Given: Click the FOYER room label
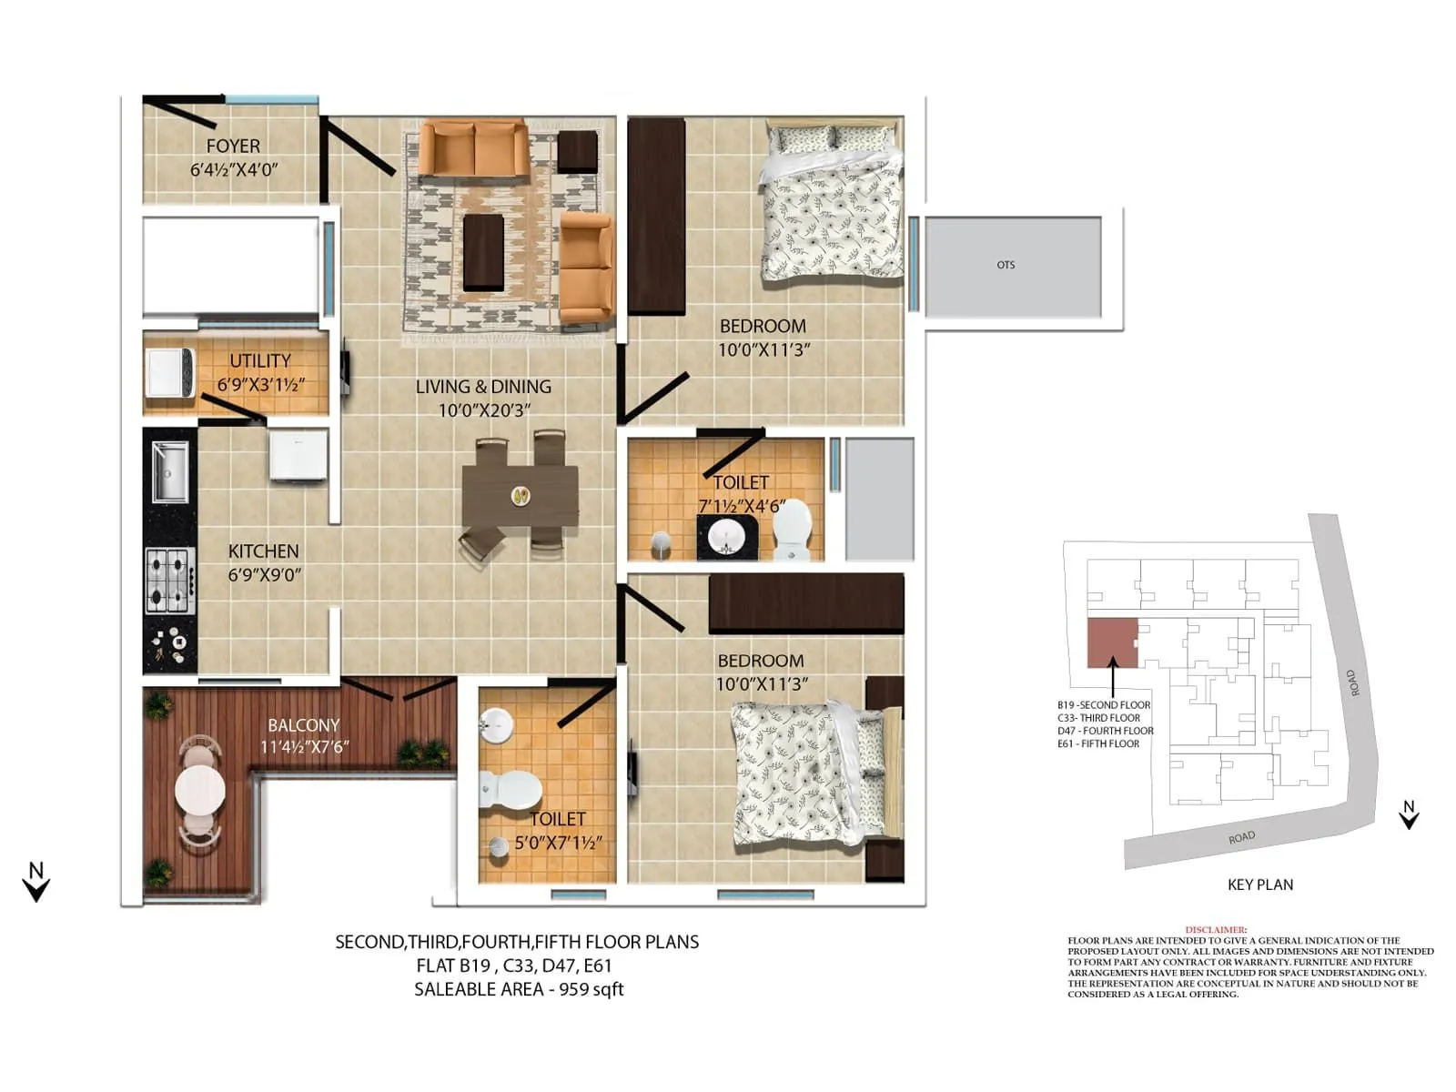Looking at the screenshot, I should click(x=233, y=147).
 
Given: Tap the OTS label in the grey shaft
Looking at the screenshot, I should click(x=1005, y=265).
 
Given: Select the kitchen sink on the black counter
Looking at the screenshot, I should click(x=170, y=471).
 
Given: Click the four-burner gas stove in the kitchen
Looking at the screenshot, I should click(x=170, y=581).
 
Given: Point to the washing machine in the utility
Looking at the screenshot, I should click(x=170, y=373).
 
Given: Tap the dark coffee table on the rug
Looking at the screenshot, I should click(x=483, y=251).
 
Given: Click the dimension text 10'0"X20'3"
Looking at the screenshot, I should click(x=484, y=410).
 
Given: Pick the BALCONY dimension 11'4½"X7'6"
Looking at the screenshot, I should click(x=305, y=747).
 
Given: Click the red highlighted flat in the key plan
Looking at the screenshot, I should click(x=1112, y=642).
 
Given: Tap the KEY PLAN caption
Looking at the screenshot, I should click(x=1259, y=885).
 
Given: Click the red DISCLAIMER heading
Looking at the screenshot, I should click(x=1216, y=930).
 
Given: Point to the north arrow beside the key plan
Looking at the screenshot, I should click(x=1409, y=815).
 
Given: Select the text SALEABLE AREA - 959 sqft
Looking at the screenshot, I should click(x=519, y=989).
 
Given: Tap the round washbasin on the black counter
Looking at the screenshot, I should click(x=725, y=537).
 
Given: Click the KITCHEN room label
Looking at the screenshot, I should click(x=263, y=551).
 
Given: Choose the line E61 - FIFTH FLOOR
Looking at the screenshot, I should click(x=1097, y=743).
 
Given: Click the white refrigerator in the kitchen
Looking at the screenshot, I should click(x=298, y=455).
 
